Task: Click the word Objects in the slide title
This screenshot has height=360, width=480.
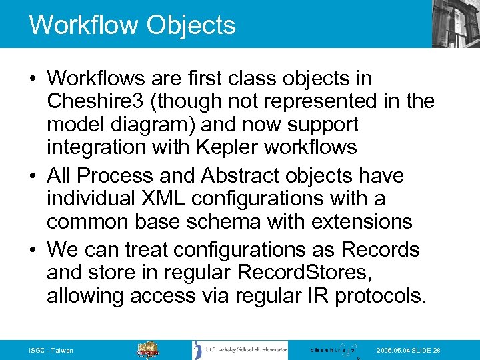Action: [191, 25]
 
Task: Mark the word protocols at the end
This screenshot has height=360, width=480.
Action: [380, 295]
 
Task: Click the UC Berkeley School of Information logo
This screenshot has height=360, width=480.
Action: [240, 349]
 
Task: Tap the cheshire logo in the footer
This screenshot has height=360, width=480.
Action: [333, 349]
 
